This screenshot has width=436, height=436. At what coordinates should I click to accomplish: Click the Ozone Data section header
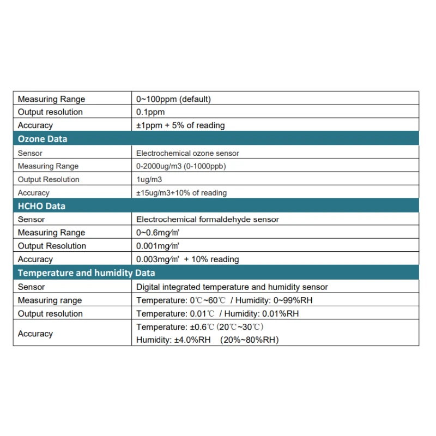click(x=43, y=139)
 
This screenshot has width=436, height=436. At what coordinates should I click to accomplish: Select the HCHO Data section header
click(x=41, y=206)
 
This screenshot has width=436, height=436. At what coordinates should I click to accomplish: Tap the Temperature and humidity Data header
click(x=86, y=273)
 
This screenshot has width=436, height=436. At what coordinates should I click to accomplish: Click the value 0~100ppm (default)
click(x=173, y=99)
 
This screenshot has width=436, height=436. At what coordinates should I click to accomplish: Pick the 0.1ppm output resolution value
click(x=150, y=112)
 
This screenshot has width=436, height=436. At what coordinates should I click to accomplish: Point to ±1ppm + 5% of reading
click(x=180, y=125)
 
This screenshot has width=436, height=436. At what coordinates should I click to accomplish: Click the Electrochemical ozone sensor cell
click(x=187, y=153)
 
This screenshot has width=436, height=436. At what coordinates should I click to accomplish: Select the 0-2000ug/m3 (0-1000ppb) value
click(x=181, y=166)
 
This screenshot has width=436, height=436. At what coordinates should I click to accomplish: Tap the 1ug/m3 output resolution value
click(x=149, y=179)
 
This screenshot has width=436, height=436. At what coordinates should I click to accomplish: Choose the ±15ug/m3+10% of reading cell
click(x=181, y=192)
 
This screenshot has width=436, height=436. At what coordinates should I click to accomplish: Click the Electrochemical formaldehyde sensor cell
click(x=207, y=220)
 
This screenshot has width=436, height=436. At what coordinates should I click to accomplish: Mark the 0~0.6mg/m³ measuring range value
click(x=158, y=233)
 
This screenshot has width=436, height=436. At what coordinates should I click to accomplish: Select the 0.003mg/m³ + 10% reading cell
click(x=187, y=259)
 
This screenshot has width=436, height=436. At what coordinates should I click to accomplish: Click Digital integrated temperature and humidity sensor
click(x=232, y=287)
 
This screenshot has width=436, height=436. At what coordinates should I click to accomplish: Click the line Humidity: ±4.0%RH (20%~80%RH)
click(x=207, y=340)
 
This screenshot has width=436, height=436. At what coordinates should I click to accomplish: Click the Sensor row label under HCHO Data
click(x=32, y=220)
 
